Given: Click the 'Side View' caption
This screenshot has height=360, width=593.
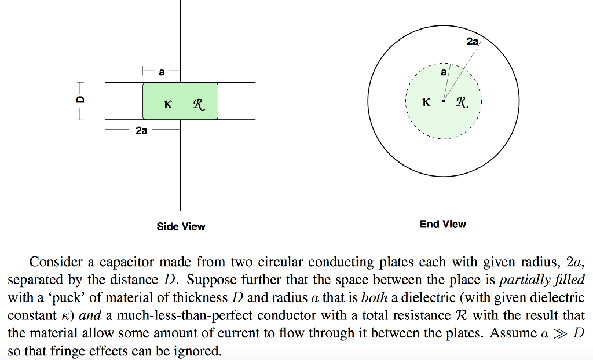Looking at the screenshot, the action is point(181,226).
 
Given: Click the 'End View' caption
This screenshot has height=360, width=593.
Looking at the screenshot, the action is point(443,224).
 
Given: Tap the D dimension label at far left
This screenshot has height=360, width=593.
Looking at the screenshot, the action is point(80,100).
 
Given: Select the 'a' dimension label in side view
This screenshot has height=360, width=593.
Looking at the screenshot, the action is point(162,72).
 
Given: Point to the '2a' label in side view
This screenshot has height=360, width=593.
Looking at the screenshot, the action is point(141,130).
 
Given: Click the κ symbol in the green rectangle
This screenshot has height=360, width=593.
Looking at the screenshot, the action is point(168,104).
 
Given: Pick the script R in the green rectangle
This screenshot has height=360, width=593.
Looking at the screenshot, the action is point(199,104).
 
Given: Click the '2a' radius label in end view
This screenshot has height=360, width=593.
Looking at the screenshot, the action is point(473,41).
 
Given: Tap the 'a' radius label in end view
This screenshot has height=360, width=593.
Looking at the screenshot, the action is point(444,72).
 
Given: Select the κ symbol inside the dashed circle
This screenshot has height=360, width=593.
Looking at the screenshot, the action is point(426,102).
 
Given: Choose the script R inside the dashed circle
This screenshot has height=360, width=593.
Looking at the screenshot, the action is point(462,102).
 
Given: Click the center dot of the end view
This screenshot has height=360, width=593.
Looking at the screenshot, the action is point(443,101).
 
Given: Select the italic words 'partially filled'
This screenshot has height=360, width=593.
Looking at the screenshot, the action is point(542,280).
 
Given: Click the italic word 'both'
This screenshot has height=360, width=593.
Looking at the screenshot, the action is point(375,297).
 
